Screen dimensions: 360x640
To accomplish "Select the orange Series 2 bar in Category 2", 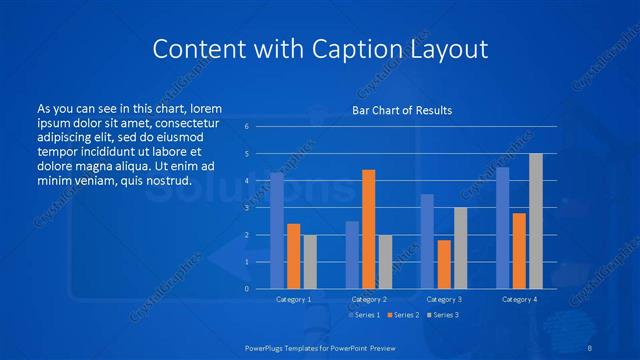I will point(368,229).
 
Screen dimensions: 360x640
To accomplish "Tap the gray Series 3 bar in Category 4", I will point(536,221).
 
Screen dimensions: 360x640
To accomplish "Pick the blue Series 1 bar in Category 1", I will point(277,231).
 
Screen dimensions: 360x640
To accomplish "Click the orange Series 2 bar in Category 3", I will point(444,264).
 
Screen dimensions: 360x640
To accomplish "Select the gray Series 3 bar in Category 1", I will point(310,262).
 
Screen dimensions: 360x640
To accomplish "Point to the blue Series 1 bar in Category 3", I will point(427,241).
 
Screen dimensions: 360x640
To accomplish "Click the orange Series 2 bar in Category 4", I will point(519,251).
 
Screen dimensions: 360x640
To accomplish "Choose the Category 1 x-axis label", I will point(293,299).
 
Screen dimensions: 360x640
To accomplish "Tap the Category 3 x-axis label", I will point(444,299).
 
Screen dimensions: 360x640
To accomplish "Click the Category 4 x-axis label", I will point(519,299).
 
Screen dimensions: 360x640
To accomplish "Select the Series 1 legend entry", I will point(364,315).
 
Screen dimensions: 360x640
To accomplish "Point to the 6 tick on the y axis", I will point(247,127).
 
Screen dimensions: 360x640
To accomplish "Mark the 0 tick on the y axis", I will point(247,289).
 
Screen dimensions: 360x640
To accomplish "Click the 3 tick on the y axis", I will point(247,208).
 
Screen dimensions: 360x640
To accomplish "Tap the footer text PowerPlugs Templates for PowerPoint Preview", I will point(320,347).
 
